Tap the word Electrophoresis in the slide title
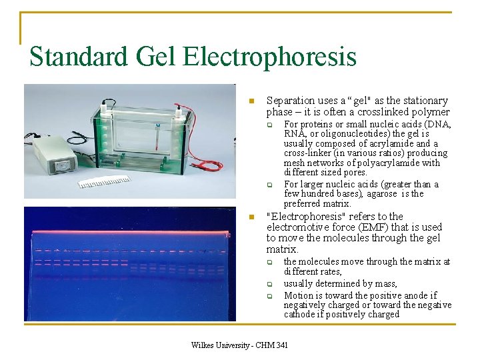tap(270, 57)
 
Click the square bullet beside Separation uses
tap(251, 101)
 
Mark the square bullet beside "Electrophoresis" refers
tap(251, 217)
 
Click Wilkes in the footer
tap(205, 345)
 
